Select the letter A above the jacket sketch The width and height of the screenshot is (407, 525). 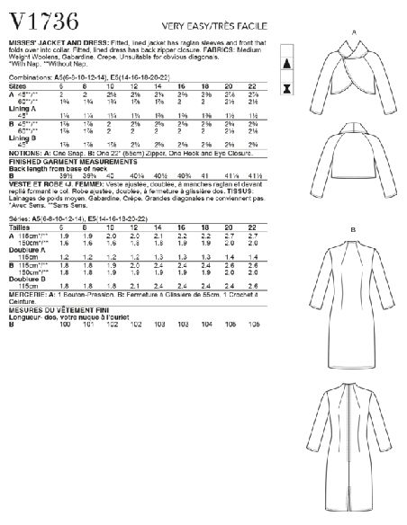pos(353,32)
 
